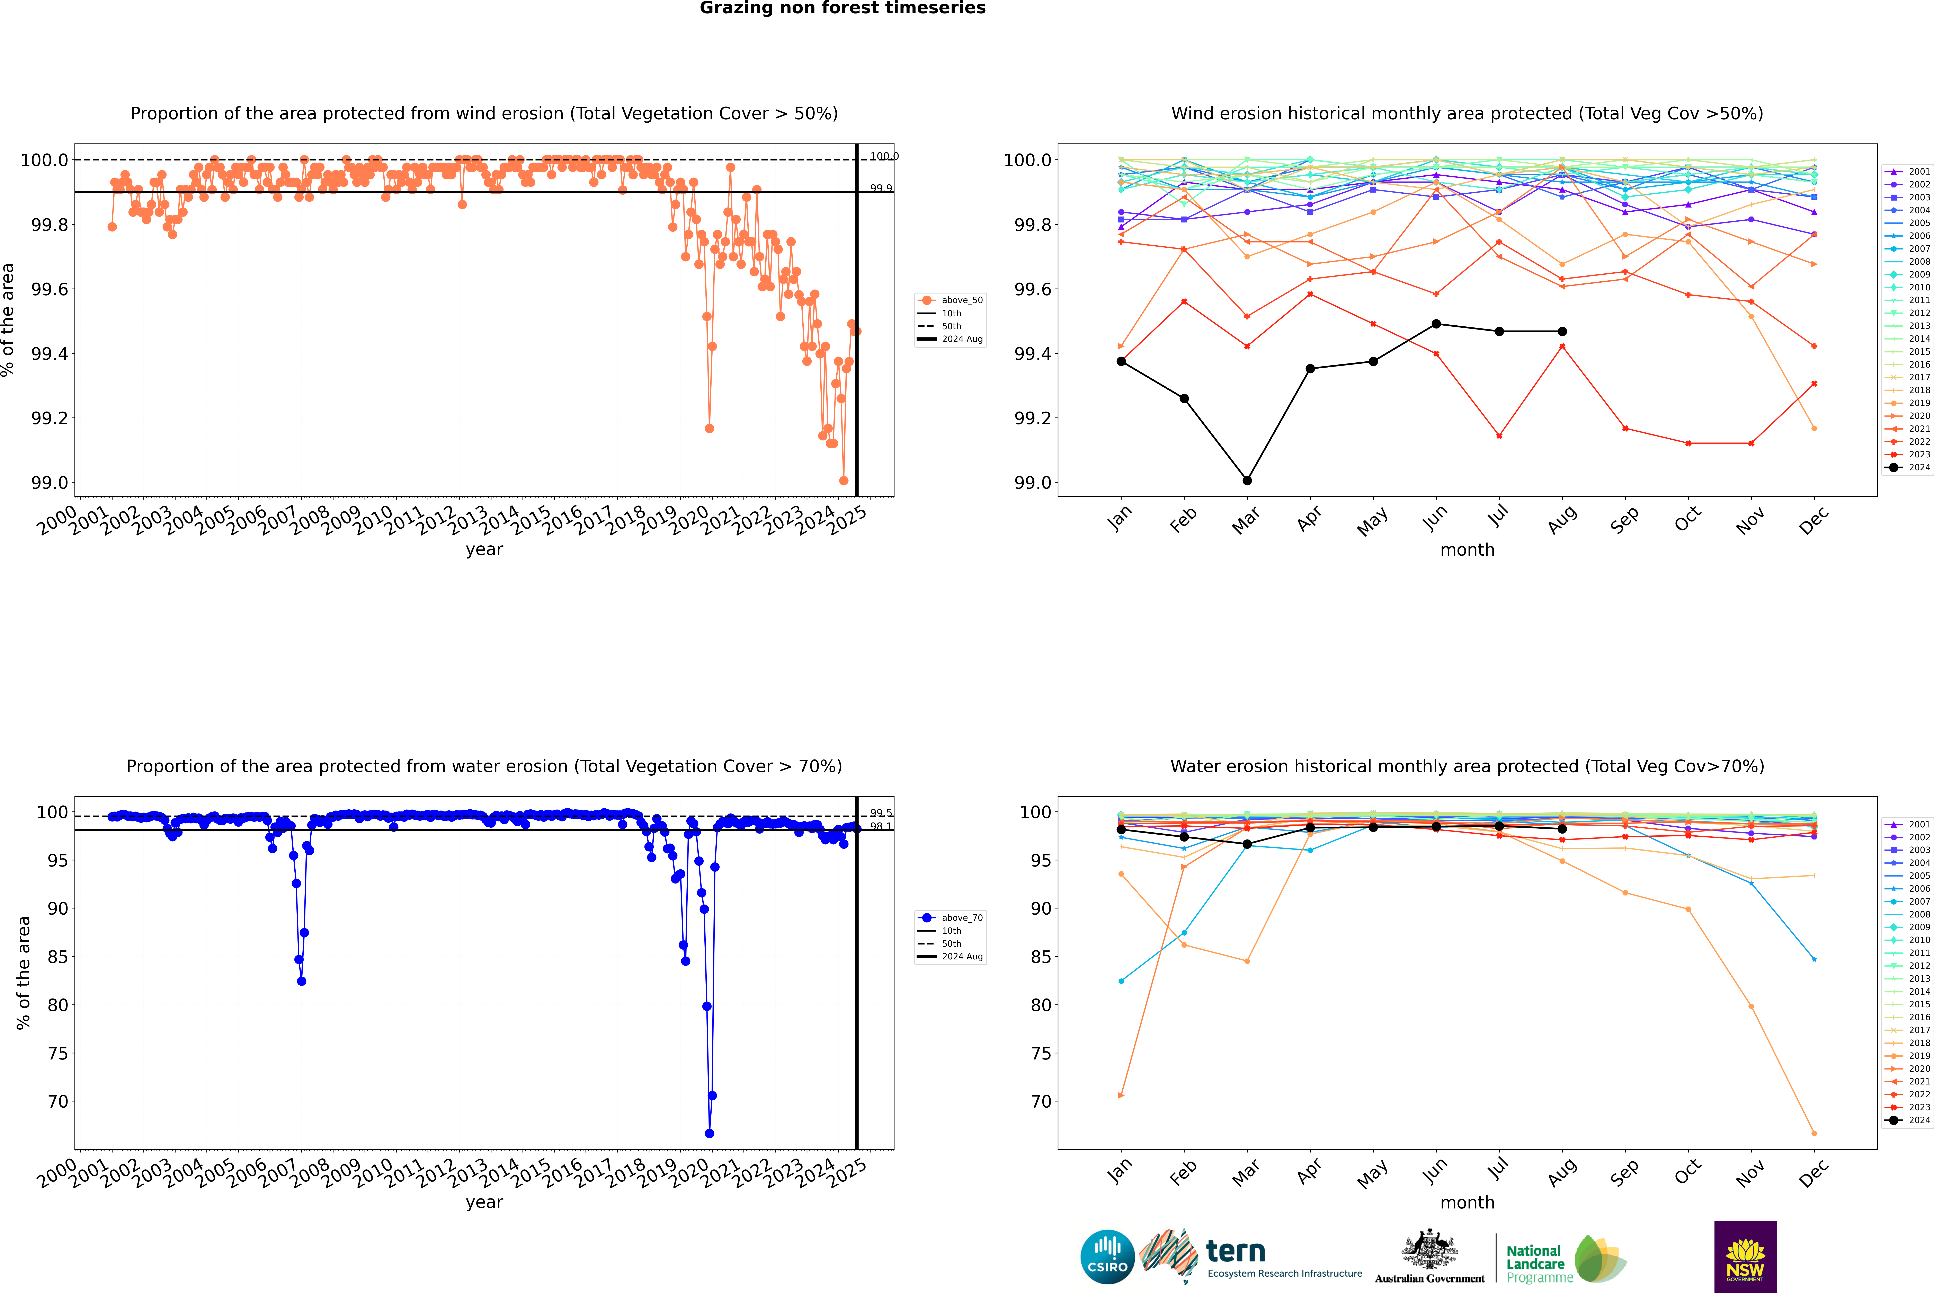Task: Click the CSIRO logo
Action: tap(1107, 1257)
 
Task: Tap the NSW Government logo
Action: tap(1745, 1257)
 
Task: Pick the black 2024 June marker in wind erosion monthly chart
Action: tap(1436, 324)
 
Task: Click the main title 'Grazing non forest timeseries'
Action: tap(843, 8)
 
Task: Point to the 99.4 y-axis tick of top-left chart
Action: tap(50, 354)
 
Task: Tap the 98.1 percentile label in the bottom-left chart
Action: tap(880, 826)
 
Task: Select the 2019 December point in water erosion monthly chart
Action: tap(1814, 1133)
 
